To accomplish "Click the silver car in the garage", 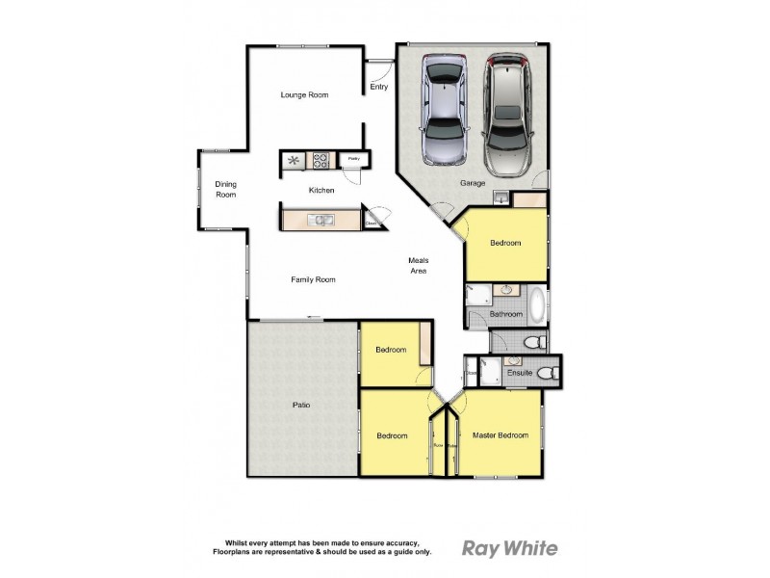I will pyautogui.click(x=444, y=111).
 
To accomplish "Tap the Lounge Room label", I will pyautogui.click(x=305, y=94).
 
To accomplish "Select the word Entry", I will pyautogui.click(x=379, y=88).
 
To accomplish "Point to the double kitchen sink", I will pyautogui.click(x=320, y=221).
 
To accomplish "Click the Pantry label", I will pyautogui.click(x=353, y=159).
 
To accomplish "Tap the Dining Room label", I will pyautogui.click(x=225, y=189).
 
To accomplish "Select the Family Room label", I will pyautogui.click(x=313, y=279).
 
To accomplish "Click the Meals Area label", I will pyautogui.click(x=418, y=266).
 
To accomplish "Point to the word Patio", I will pyautogui.click(x=301, y=405).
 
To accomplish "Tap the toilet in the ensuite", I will pyautogui.click(x=549, y=373).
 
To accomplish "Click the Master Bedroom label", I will pyautogui.click(x=500, y=435).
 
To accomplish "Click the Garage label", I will pyautogui.click(x=473, y=182).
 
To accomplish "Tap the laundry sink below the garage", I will pyautogui.click(x=501, y=197).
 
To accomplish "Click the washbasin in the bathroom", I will pyautogui.click(x=504, y=292).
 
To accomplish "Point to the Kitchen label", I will pyautogui.click(x=321, y=191).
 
